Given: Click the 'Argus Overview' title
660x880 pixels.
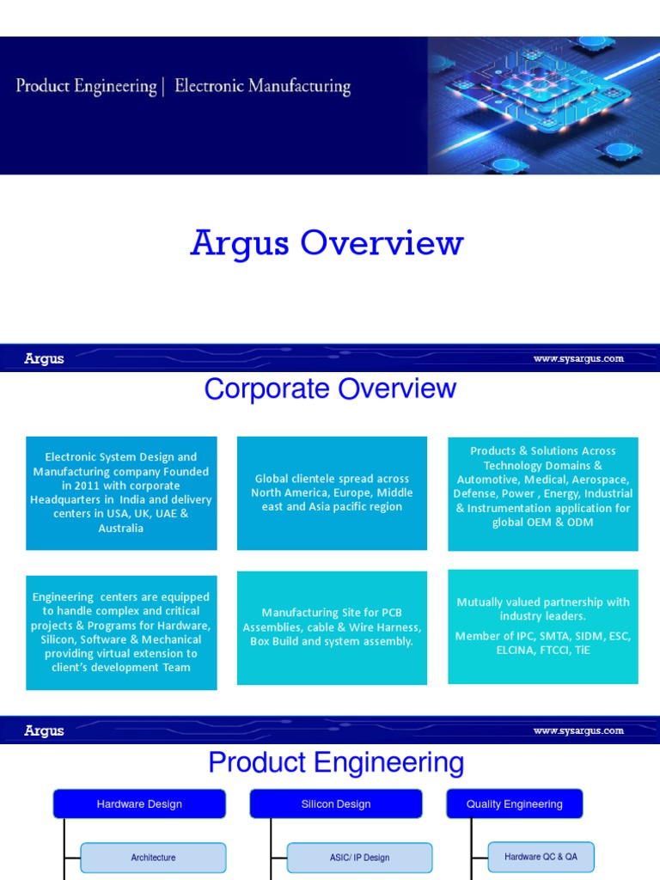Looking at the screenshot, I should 327,243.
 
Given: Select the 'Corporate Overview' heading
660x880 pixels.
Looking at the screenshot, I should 330,389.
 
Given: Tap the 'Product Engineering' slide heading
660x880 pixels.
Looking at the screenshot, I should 336,762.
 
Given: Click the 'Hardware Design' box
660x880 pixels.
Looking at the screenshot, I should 139,804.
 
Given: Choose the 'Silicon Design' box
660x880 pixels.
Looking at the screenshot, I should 336,804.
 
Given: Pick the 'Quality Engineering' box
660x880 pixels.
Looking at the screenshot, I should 514,804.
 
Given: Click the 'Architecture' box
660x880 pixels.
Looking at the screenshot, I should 153,858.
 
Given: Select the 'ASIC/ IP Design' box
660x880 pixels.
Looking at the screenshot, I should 359,858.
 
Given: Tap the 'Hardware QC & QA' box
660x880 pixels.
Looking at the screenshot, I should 541,857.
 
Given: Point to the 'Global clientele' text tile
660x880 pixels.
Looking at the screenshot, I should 332,492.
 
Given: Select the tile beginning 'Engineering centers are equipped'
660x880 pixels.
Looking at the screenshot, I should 121,632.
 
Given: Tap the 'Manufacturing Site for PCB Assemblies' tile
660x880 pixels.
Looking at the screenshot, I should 332,627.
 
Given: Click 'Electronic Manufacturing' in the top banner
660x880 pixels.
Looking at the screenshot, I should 262,87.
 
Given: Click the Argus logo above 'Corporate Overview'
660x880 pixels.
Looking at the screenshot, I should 44,358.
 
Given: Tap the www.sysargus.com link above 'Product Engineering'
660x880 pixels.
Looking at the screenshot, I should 578,730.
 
